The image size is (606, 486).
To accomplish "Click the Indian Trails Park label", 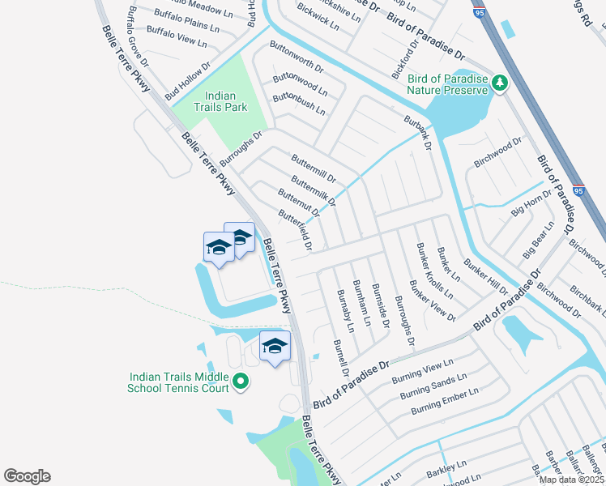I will point(220,100).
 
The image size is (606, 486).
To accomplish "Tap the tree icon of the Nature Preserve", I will point(501,82).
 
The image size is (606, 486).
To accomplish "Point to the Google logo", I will point(27,476).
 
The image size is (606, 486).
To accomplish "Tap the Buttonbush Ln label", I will point(299,103).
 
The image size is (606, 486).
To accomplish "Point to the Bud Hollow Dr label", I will point(187,81).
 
